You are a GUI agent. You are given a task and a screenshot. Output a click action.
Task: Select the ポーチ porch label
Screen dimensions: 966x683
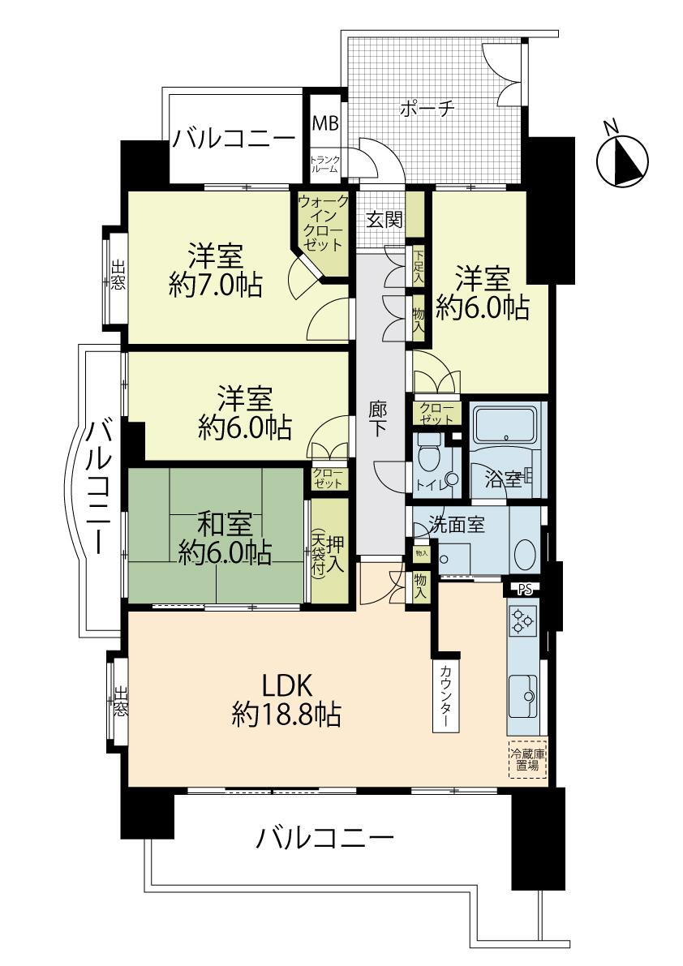click(x=426, y=109)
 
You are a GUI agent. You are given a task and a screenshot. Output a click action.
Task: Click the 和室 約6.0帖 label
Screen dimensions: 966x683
click(x=215, y=537)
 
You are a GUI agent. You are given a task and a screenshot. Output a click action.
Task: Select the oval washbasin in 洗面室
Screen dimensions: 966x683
click(x=526, y=556)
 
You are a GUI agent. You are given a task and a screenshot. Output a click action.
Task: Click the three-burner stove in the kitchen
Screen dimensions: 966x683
click(x=522, y=621)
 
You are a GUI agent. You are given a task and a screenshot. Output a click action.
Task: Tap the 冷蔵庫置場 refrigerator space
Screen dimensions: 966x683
click(x=527, y=759)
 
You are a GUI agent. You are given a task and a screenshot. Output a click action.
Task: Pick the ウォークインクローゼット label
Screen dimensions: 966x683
click(x=324, y=222)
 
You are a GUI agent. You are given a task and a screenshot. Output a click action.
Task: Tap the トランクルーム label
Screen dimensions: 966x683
click(x=324, y=164)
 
